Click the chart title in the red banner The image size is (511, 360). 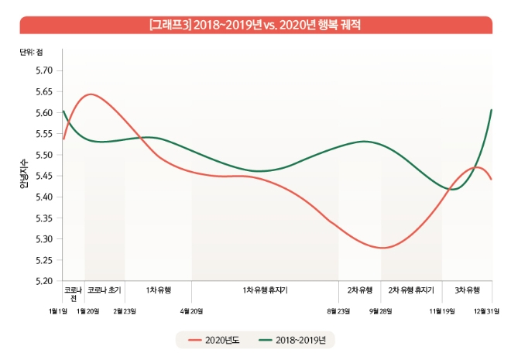pyautogui.click(x=255, y=25)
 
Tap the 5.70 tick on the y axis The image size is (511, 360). pyautogui.click(x=43, y=70)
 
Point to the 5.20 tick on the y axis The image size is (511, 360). pyautogui.click(x=43, y=281)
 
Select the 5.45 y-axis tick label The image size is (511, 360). pyautogui.click(x=43, y=176)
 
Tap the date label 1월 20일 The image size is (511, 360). pyautogui.click(x=87, y=311)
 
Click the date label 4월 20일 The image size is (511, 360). pyautogui.click(x=191, y=311)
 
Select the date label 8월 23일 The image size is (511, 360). pyautogui.click(x=338, y=311)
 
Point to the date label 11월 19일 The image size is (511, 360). pyautogui.click(x=442, y=311)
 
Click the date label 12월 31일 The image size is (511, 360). pyautogui.click(x=486, y=311)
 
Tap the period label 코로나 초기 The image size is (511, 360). pyautogui.click(x=105, y=290)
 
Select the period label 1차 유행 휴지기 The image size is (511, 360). pyautogui.click(x=266, y=290)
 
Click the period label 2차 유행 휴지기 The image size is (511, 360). pyautogui.click(x=411, y=290)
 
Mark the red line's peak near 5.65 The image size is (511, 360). pyautogui.click(x=91, y=94)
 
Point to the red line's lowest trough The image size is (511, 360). pyautogui.click(x=385, y=248)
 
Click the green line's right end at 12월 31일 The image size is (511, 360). pyautogui.click(x=492, y=110)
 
